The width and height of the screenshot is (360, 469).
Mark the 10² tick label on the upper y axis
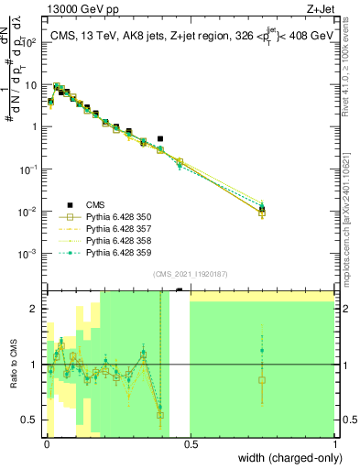tap(31, 41)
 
